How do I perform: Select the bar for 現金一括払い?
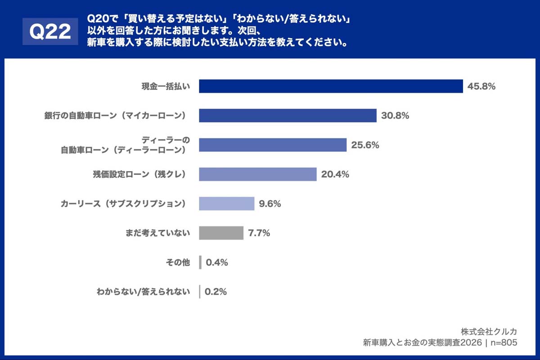(331, 86)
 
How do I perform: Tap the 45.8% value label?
(481, 86)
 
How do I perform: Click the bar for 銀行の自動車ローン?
(288, 116)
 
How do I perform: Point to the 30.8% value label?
(395, 116)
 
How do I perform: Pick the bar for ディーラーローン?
(273, 145)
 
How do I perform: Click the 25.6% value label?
(365, 145)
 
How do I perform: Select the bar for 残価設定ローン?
(258, 174)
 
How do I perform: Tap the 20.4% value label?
(335, 174)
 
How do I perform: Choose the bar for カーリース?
(227, 203)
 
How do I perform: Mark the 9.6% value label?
(270, 203)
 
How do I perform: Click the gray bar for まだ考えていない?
(221, 233)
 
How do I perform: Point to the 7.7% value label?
(259, 233)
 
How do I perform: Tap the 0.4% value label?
(216, 262)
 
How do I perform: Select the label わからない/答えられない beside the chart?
(143, 292)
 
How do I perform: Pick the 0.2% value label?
(216, 292)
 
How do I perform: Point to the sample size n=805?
(503, 342)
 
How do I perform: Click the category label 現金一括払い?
(165, 86)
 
